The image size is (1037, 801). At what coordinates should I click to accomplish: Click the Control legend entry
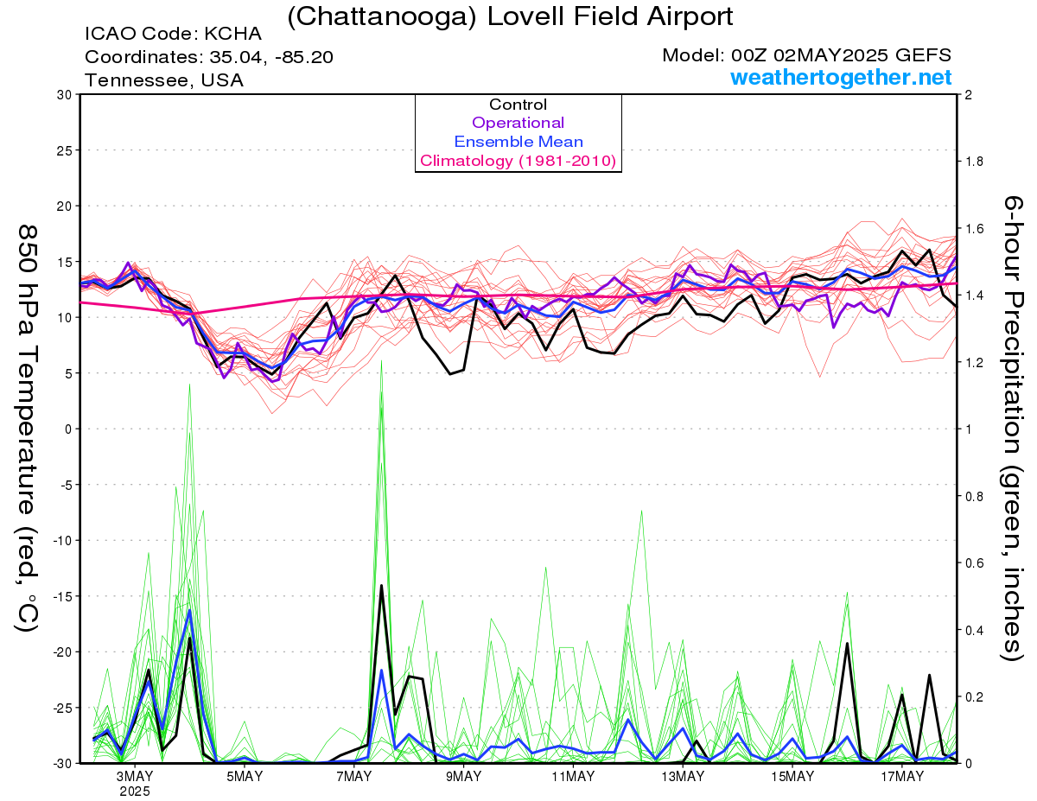click(518, 105)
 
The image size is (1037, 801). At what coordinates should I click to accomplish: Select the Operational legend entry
click(518, 123)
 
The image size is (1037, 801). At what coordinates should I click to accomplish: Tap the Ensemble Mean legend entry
click(518, 142)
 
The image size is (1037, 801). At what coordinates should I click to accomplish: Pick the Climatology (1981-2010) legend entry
click(518, 161)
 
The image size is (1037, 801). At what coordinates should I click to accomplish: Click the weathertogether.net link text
click(841, 78)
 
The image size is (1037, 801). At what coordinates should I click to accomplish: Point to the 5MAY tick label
click(245, 777)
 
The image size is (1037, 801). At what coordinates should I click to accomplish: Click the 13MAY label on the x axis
click(683, 777)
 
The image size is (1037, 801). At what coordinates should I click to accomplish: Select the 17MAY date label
click(902, 777)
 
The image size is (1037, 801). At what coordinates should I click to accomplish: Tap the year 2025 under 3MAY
click(135, 792)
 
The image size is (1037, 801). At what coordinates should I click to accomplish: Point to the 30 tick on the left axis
click(64, 95)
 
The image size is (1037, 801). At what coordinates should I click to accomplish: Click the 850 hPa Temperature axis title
click(27, 429)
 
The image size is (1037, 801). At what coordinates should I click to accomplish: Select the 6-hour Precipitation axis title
click(1012, 429)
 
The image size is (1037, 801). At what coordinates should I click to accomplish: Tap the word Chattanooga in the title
click(382, 17)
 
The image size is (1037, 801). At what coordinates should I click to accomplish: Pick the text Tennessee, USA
click(164, 80)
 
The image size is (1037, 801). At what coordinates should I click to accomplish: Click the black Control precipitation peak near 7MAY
click(381, 585)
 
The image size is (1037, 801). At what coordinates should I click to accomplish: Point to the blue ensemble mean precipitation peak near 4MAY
click(189, 611)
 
